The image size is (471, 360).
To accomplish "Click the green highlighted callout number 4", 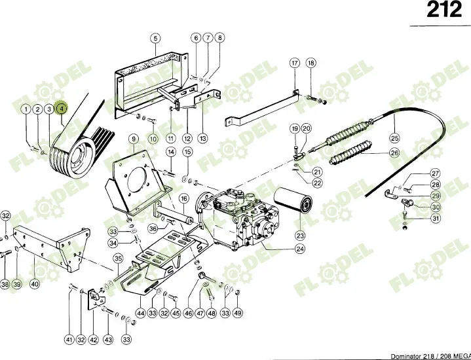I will point(61,109).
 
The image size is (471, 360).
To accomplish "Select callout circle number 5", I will point(155,38).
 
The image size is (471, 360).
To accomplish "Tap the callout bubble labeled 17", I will point(295,63).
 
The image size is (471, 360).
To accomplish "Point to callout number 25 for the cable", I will point(394,138).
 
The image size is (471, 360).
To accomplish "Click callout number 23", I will point(300,236).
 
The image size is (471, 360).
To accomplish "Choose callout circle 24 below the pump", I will point(300,249).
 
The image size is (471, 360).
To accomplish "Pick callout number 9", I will point(133,139).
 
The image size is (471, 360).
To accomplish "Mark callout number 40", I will point(35,284).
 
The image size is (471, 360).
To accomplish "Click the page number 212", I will point(443,12).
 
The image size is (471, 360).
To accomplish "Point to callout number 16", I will point(184,198).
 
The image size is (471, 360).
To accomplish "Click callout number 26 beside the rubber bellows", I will point(394,154).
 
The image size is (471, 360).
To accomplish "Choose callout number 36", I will point(153,228).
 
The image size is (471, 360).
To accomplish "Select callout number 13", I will point(203,138).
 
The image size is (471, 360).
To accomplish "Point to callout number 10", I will point(153,138).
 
